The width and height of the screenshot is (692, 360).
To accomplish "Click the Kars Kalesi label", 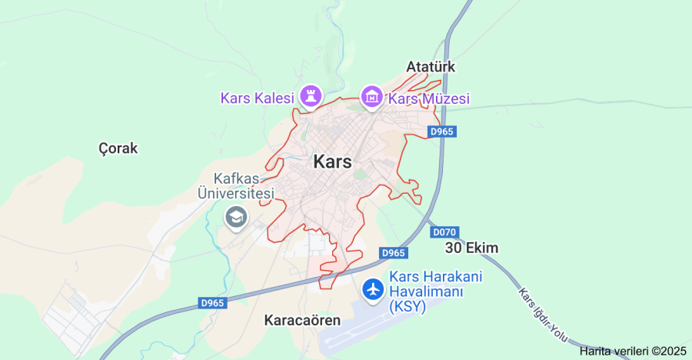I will point(258,98).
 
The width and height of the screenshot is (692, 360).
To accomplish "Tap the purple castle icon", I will point(310,96).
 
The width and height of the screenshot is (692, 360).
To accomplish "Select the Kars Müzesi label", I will point(428,98).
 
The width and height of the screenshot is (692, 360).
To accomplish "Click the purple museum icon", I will point(372,97).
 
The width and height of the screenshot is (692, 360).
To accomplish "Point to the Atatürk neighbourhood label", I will point(431,67).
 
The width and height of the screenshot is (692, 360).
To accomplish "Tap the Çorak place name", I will point(118,148).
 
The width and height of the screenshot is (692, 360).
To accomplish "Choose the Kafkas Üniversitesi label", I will point(235,186).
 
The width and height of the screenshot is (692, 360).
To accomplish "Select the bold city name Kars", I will point(332,162).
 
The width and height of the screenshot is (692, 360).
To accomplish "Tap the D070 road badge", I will point(444,232).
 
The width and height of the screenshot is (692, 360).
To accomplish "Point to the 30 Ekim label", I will point(472,248).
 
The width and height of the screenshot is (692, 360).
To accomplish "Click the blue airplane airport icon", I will point(374,289).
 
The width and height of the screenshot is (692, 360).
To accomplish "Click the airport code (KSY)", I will point(408,307).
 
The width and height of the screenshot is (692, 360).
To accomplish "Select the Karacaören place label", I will point(301,320).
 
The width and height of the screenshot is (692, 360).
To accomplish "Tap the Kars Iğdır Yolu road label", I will point(542,316).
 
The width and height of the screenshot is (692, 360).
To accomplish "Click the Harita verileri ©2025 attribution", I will point(633,351).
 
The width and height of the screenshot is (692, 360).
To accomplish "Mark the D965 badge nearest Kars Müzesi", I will point(443,132).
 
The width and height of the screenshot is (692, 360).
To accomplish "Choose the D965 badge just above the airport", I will point(393,253).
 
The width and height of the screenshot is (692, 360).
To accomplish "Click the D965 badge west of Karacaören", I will point(212,303).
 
